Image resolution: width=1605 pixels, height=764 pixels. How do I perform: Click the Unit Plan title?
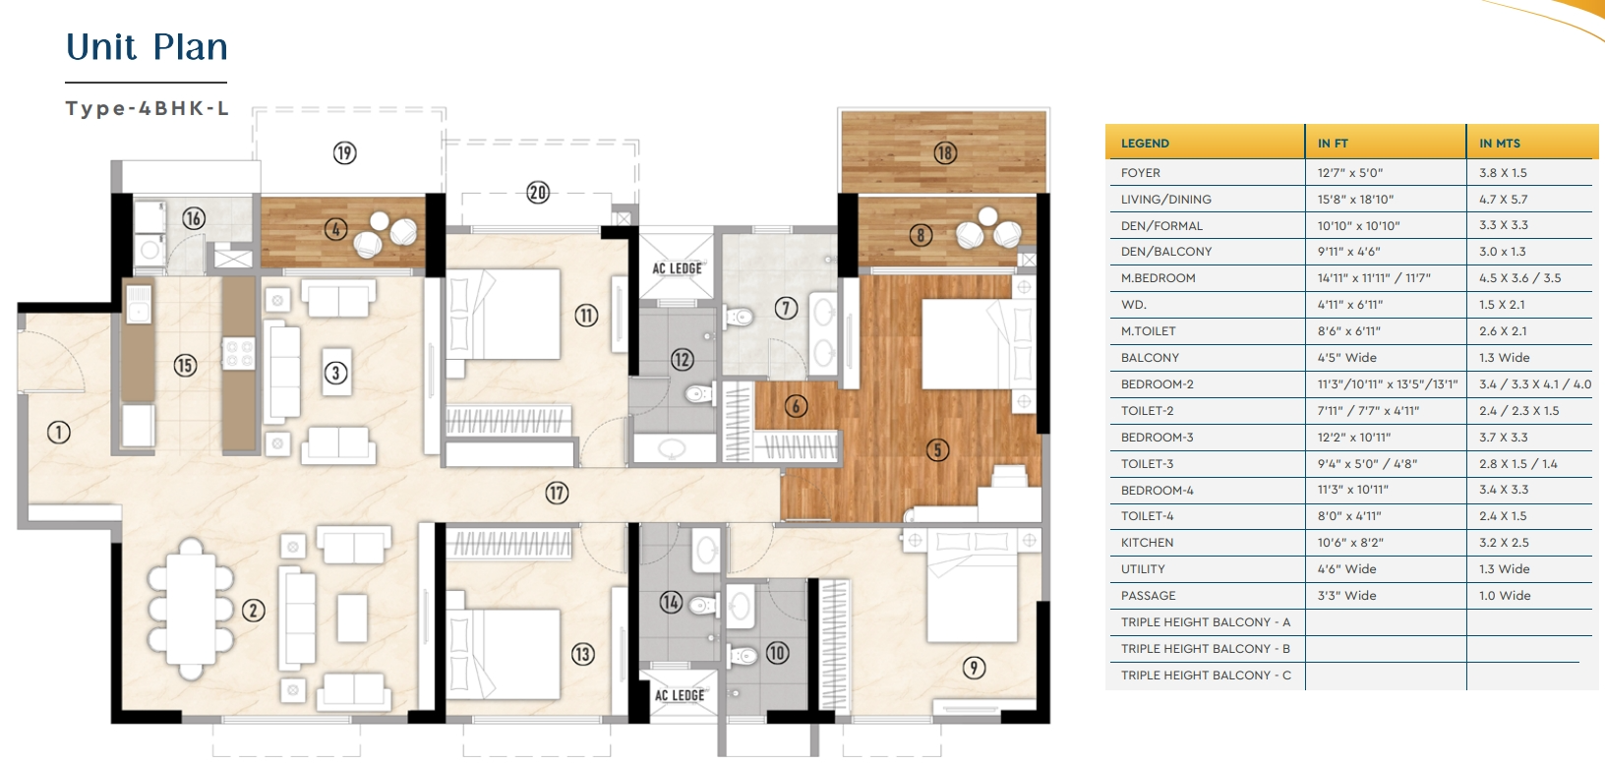147,47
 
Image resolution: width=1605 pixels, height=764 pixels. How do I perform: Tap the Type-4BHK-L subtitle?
147,108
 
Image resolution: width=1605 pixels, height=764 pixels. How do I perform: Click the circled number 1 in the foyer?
59,433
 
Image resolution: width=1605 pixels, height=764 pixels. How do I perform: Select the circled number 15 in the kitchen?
186,366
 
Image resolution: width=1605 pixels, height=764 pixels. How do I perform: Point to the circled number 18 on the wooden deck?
945,152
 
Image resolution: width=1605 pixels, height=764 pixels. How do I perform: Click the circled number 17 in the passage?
557,493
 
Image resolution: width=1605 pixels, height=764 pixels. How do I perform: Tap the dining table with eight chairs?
191,610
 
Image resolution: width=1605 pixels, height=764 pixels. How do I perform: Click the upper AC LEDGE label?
677,268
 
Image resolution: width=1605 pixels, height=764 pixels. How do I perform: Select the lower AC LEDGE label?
680,695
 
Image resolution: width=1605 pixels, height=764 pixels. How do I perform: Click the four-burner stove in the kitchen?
239,354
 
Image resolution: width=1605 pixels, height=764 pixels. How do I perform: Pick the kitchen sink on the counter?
139,305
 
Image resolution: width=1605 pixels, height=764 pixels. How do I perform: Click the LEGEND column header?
1145,144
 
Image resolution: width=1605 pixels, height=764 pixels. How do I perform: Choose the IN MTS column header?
1500,144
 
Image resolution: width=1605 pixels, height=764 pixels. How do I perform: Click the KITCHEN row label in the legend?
1147,543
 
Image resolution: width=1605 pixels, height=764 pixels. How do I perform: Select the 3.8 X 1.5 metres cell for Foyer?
1503,173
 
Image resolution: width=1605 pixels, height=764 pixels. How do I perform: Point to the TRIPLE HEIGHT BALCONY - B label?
1205,649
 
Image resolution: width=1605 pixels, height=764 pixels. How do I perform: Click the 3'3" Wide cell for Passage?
1347,596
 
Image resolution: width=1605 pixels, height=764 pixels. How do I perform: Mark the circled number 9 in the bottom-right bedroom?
973,668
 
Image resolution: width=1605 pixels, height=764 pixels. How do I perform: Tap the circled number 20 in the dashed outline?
538,192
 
